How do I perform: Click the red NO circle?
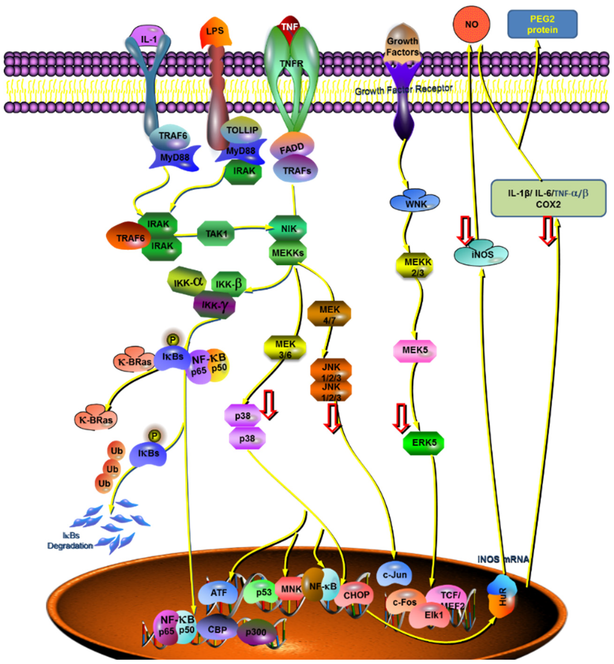471,24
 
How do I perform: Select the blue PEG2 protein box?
542,24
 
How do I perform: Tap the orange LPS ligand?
215,33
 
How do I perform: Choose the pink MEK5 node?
415,350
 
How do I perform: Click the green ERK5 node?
424,443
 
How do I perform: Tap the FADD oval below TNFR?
292,148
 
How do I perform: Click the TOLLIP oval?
241,130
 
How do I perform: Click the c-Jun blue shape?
394,574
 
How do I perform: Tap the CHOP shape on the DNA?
356,594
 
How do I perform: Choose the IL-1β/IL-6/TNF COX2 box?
548,198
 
